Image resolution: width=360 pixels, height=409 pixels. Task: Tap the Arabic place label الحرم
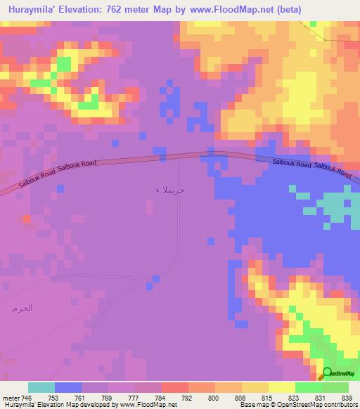(22, 308)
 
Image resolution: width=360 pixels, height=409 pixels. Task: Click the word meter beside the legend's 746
(11, 398)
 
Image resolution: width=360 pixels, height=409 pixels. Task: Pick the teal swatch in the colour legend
(41, 387)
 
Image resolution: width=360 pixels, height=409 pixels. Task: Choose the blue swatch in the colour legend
(68, 387)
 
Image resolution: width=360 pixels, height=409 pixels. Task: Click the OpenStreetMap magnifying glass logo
(326, 373)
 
